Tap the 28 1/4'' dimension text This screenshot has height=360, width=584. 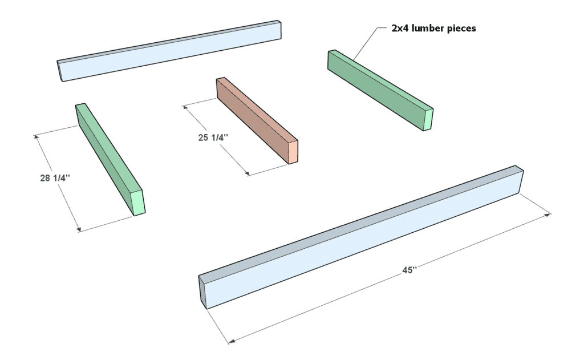pyautogui.click(x=55, y=178)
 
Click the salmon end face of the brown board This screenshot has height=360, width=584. pyautogui.click(x=293, y=151)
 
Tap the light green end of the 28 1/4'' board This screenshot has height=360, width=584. pyautogui.click(x=138, y=203)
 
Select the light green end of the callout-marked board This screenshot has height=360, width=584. pyautogui.click(x=428, y=119)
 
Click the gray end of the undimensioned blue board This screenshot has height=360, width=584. pyautogui.click(x=59, y=71)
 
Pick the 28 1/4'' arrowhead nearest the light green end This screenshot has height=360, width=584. pyautogui.click(x=79, y=229)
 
